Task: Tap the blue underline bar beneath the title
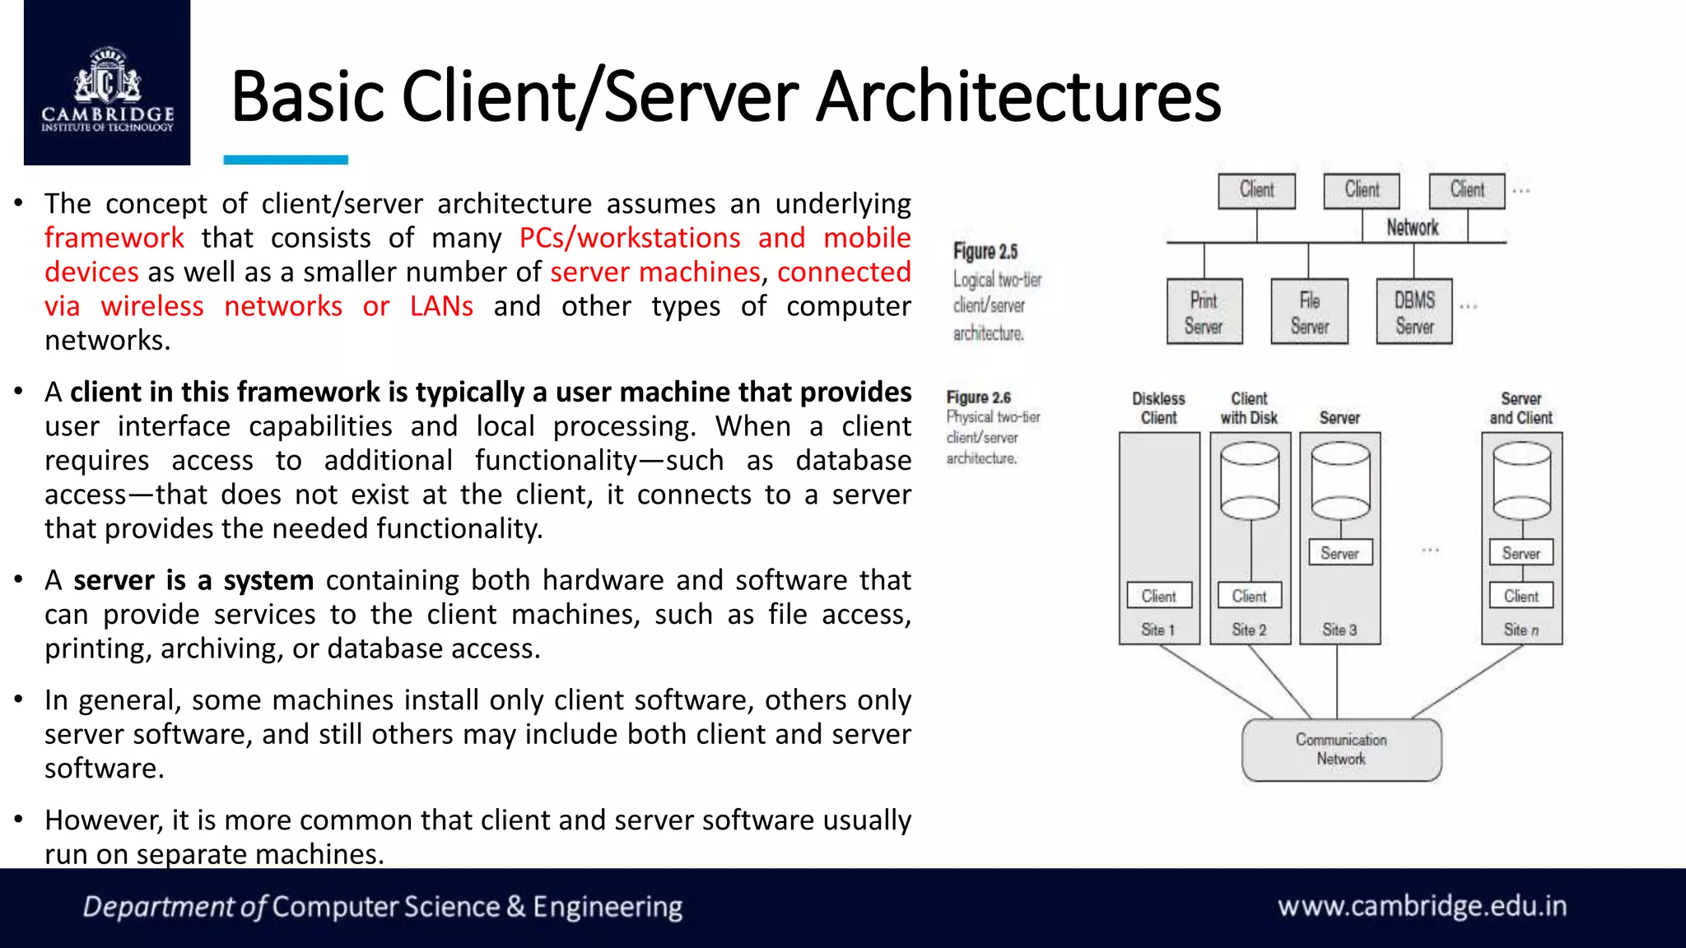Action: [x=286, y=160]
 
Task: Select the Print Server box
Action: [x=1204, y=312]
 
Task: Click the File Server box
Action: [x=1309, y=312]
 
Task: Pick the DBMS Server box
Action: [x=1414, y=312]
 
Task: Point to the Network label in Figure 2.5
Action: [x=1412, y=227]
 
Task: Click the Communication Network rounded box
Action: [x=1341, y=750]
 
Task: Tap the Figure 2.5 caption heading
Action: [x=985, y=252]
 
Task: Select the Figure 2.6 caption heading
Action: [x=979, y=397]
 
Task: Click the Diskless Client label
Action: [x=1158, y=408]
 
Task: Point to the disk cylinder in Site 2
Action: [x=1250, y=481]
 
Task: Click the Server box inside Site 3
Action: [x=1340, y=553]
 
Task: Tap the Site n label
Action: [x=1521, y=630]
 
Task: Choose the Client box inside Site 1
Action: [x=1158, y=596]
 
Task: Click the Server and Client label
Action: [x=1521, y=408]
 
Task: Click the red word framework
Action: [x=114, y=238]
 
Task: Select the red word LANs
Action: [x=441, y=306]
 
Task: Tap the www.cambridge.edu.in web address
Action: [x=1422, y=906]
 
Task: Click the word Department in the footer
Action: [x=159, y=907]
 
